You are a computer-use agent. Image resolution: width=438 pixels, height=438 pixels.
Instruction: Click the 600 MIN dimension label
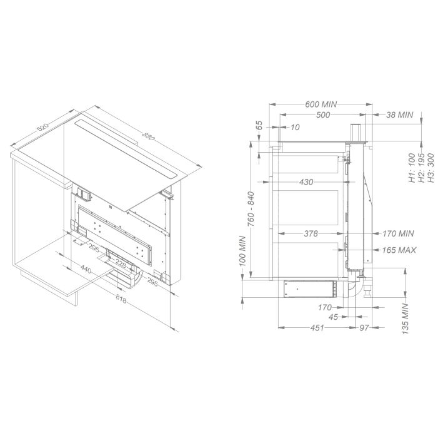[321, 104]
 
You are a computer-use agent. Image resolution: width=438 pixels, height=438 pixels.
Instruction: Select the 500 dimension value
[323, 115]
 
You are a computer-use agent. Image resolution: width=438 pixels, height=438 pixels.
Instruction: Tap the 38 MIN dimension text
[399, 115]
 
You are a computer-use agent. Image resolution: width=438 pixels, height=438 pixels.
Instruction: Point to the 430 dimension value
[306, 182]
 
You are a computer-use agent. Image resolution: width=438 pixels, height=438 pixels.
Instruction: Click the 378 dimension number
[311, 233]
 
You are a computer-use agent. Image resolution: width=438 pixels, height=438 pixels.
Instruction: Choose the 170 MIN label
[398, 233]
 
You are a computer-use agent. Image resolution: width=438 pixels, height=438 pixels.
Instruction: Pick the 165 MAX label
[399, 250]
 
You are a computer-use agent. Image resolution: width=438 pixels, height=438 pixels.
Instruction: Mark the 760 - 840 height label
[251, 210]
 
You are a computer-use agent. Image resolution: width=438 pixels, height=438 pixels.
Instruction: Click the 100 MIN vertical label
[242, 251]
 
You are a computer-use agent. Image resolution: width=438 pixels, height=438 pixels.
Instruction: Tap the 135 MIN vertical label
[406, 318]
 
